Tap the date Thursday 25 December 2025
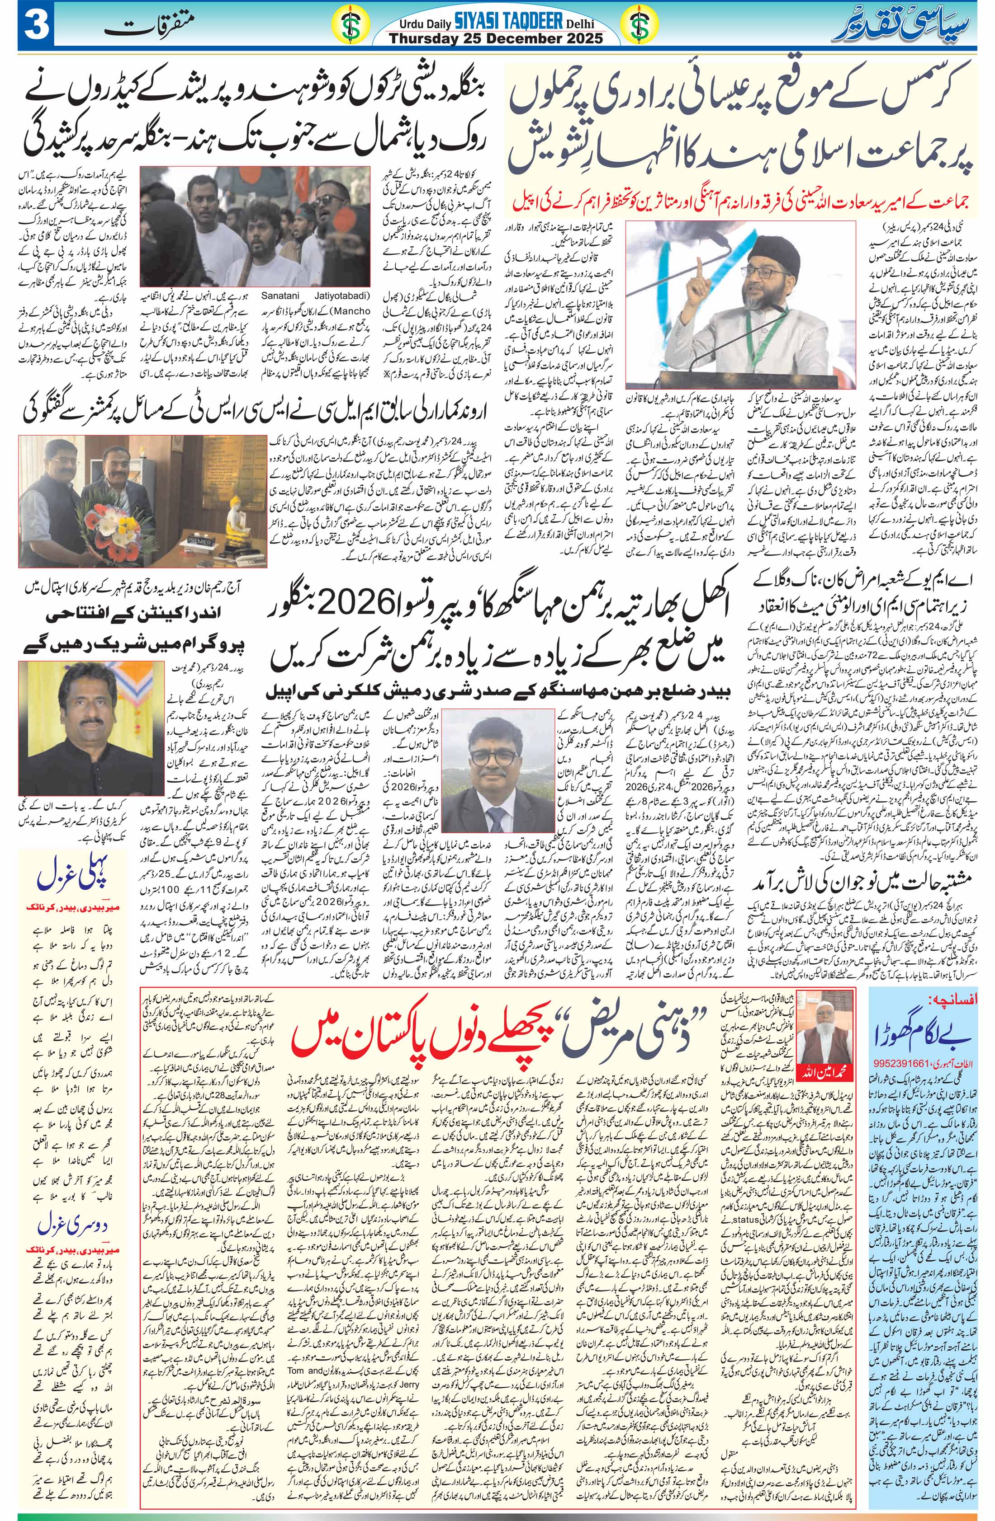(x=496, y=38)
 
